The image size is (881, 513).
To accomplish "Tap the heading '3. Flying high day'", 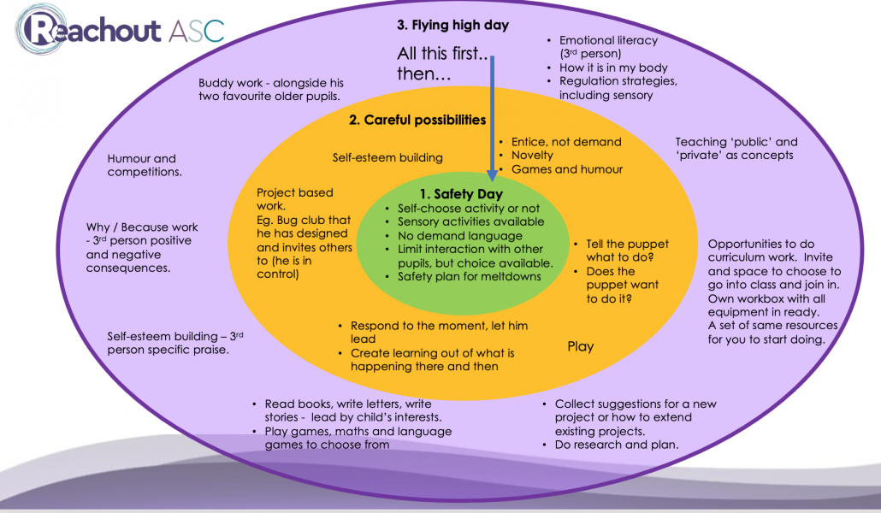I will point(452,25).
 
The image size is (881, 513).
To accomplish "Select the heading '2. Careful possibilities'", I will point(417,120).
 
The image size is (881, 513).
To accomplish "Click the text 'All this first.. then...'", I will point(441,63).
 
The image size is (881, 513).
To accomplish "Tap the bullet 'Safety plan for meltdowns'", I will point(469,276).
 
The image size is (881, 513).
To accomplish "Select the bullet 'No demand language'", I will point(459,235).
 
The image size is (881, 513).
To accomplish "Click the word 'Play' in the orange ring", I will point(581,346).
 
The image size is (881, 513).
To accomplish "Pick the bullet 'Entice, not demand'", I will point(565,142).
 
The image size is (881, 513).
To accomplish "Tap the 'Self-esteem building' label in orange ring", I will point(387,157).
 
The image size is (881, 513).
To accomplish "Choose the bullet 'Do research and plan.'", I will point(616,445).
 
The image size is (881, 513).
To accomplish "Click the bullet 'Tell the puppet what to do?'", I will point(627,251).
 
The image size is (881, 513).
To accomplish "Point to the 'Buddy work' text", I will point(270,90).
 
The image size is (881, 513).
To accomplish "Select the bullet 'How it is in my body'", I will point(613,68).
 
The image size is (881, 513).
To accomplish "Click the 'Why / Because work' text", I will point(142,227).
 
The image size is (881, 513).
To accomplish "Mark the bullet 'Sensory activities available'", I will point(470,221).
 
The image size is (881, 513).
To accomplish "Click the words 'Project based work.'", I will point(294,199).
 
